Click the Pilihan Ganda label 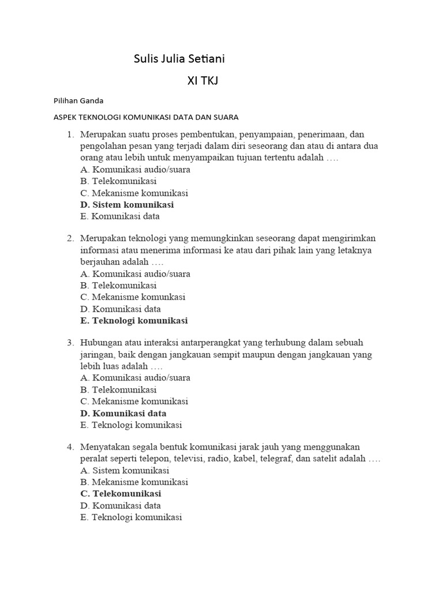(78, 100)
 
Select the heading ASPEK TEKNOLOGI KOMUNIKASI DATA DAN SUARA (146, 117)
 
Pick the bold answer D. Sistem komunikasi (127, 204)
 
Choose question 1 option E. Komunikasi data (120, 216)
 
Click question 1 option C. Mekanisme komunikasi (134, 193)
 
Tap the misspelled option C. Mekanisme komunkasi (133, 297)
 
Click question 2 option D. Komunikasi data (121, 309)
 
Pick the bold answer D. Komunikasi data (123, 413)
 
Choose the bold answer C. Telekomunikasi (121, 493)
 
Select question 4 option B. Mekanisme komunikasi (134, 482)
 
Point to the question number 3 (70, 342)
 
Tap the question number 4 (70, 446)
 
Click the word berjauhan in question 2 (100, 261)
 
